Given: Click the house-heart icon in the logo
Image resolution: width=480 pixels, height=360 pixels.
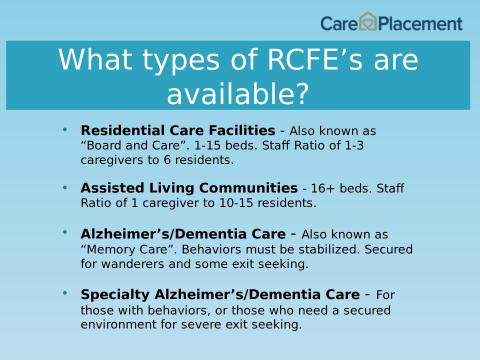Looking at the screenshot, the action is pyautogui.click(x=367, y=21).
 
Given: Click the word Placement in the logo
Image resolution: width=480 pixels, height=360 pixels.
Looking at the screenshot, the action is pyautogui.click(x=420, y=24).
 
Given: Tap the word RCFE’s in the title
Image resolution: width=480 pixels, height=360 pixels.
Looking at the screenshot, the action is pyautogui.click(x=315, y=59).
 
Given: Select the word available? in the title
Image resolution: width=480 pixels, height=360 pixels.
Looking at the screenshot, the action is pyautogui.click(x=238, y=93).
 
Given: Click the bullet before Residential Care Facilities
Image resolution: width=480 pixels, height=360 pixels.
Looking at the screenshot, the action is pyautogui.click(x=65, y=130).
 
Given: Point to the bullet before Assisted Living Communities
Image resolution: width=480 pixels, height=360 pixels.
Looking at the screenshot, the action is pyautogui.click(x=65, y=187).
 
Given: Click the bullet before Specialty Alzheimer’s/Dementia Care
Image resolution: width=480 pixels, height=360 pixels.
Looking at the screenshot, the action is pyautogui.click(x=65, y=293).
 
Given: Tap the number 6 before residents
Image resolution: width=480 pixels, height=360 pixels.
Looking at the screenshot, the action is pyautogui.click(x=167, y=160).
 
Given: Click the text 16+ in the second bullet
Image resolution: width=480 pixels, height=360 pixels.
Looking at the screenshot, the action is pyautogui.click(x=323, y=188).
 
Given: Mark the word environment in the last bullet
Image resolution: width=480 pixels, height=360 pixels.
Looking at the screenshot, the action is pyautogui.click(x=119, y=324).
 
